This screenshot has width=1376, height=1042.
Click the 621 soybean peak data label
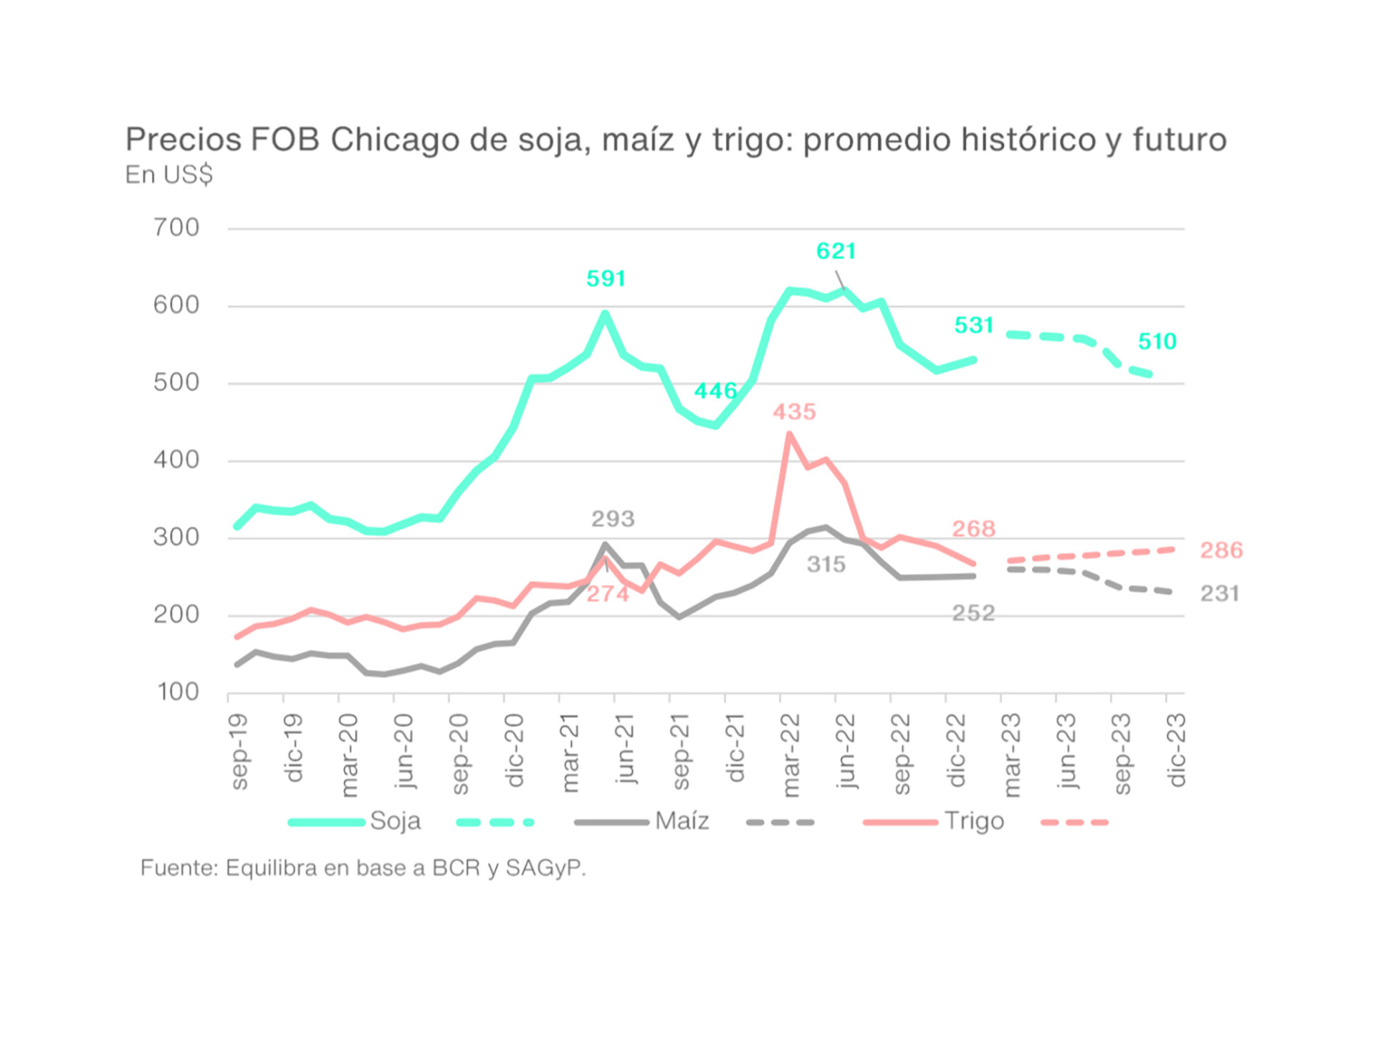pyautogui.click(x=836, y=252)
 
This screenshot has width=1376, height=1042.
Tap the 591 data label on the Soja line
pyautogui.click(x=606, y=279)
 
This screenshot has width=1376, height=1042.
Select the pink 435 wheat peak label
pyautogui.click(x=794, y=412)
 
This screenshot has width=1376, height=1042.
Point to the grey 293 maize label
pyautogui.click(x=613, y=519)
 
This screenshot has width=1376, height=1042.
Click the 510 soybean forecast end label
pyautogui.click(x=1157, y=342)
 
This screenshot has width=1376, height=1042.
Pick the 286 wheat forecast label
pyautogui.click(x=1221, y=550)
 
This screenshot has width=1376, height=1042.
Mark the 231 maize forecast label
pyautogui.click(x=1220, y=593)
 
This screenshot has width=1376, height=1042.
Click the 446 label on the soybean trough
pyautogui.click(x=715, y=391)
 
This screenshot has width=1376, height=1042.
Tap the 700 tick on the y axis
pyautogui.click(x=176, y=228)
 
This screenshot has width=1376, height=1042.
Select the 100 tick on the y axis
pyautogui.click(x=178, y=692)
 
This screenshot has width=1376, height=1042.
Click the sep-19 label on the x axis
pyautogui.click(x=239, y=752)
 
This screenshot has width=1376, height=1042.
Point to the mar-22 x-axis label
pyautogui.click(x=790, y=755)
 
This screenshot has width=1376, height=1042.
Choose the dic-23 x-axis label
pyautogui.click(x=1177, y=750)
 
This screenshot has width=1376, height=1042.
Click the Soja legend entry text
pyautogui.click(x=395, y=821)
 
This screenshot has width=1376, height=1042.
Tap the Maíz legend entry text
pyautogui.click(x=682, y=821)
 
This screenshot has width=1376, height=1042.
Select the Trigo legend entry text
pyautogui.click(x=974, y=821)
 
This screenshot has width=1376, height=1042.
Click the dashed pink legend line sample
pyautogui.click(x=1074, y=823)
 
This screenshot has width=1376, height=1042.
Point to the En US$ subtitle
pyautogui.click(x=169, y=175)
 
